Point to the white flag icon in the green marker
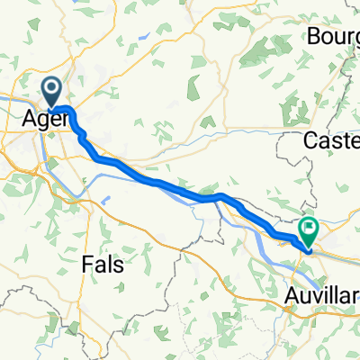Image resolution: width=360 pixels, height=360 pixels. coord(309,229)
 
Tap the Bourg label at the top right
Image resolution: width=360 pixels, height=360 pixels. coord(333,37)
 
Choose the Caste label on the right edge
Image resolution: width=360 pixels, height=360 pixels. coord(332,141)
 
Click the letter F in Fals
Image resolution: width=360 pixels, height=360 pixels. coord(86,265)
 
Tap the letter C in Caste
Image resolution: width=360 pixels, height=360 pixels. coord(311,141)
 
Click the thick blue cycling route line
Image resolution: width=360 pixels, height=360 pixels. coord(162,184)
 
